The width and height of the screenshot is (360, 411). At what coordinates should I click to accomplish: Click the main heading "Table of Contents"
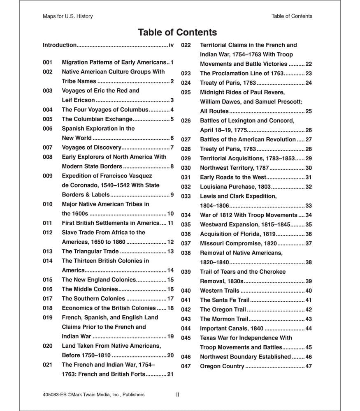click(177, 32)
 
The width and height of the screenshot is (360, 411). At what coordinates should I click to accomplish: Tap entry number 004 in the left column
click(48, 110)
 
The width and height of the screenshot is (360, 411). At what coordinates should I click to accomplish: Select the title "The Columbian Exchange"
click(97, 119)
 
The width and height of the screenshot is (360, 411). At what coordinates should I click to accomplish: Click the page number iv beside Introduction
click(172, 45)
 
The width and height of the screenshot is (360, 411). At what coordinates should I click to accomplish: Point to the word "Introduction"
click(60, 45)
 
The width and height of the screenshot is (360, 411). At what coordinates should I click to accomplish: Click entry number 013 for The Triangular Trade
click(48, 252)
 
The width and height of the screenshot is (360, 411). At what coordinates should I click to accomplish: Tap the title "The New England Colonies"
click(99, 280)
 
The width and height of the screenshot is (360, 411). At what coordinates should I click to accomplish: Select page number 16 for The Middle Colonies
click(170, 289)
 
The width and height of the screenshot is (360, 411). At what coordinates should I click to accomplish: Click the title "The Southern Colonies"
click(93, 299)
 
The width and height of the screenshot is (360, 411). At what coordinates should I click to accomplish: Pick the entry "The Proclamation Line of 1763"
click(242, 74)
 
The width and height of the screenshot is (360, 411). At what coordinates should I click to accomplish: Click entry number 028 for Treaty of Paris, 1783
click(186, 149)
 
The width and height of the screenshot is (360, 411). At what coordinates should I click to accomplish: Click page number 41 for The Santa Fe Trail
click(309, 300)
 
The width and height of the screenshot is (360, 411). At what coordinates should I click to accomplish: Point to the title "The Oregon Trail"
click(223, 310)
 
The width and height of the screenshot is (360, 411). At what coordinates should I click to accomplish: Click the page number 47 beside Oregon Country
click(309, 367)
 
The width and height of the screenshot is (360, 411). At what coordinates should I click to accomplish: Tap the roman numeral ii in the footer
click(177, 395)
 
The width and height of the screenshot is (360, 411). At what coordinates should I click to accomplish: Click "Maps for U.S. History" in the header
click(68, 16)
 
